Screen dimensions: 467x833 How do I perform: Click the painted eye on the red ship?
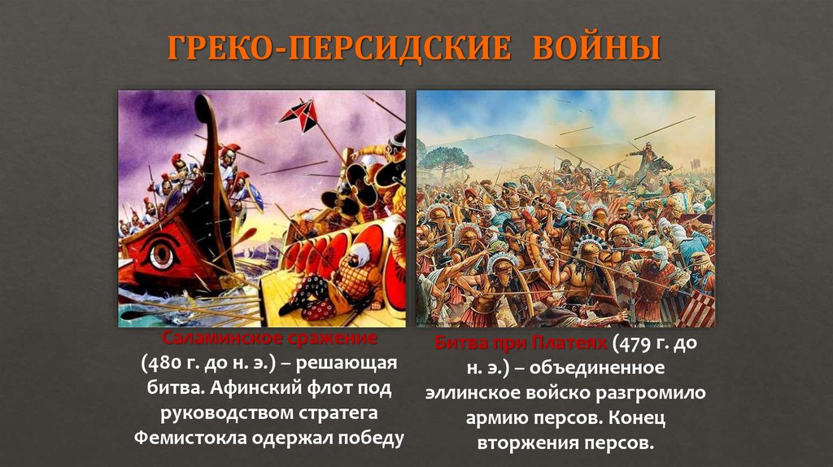[161, 255]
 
